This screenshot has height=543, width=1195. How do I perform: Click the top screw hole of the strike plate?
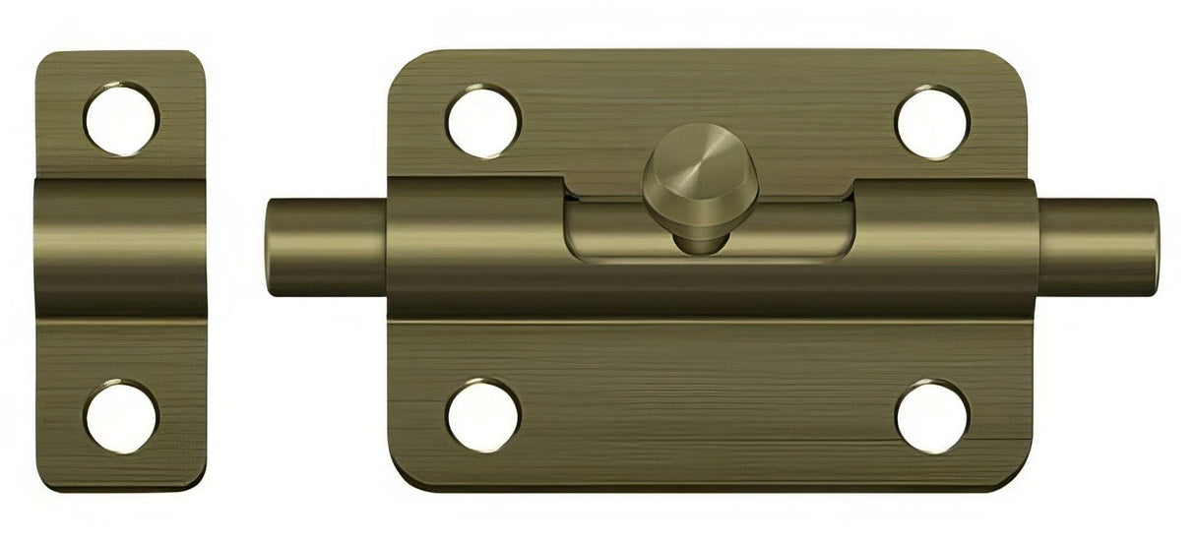pyautogui.click(x=122, y=120)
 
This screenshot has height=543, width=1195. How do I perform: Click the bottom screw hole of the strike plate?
pyautogui.click(x=121, y=415)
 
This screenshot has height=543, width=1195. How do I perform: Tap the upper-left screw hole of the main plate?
pyautogui.click(x=482, y=120)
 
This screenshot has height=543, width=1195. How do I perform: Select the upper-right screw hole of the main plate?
pyautogui.click(x=932, y=122)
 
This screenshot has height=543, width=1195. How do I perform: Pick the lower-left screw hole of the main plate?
pyautogui.click(x=482, y=415)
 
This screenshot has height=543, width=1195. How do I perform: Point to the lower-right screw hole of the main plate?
pyautogui.click(x=932, y=415)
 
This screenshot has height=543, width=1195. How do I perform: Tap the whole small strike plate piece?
pyautogui.click(x=121, y=271)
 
